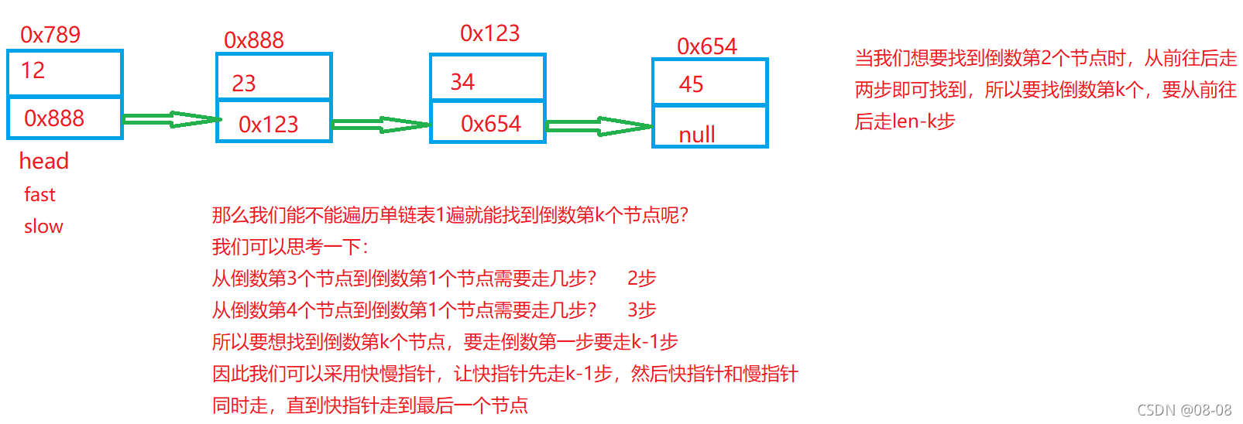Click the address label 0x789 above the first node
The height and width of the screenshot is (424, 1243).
point(50,35)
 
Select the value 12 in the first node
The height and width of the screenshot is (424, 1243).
point(33,70)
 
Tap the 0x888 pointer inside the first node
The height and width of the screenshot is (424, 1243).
point(54,118)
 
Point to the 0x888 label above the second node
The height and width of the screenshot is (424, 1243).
point(254,40)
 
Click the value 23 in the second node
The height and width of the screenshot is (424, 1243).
point(244,84)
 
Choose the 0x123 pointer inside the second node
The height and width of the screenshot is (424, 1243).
point(268,125)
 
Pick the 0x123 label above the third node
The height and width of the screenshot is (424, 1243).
point(490,33)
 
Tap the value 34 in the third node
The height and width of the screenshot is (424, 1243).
point(462,82)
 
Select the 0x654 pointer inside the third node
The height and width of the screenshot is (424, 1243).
point(491,124)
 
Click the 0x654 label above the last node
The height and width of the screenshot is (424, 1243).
point(707,46)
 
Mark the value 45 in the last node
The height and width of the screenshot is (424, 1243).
point(691,84)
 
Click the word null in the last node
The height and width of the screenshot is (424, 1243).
point(697,135)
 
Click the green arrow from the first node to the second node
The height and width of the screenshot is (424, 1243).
point(170,119)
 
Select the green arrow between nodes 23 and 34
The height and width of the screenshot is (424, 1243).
point(380,125)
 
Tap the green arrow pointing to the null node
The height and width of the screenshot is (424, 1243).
point(599,126)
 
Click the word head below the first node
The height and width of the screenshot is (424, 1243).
point(44,161)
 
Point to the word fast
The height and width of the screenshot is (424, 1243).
point(39,195)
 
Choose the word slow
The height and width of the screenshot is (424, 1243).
point(43,227)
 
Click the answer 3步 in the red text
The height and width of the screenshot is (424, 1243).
point(642,310)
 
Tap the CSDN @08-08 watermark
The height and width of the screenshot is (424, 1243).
point(1184,410)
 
